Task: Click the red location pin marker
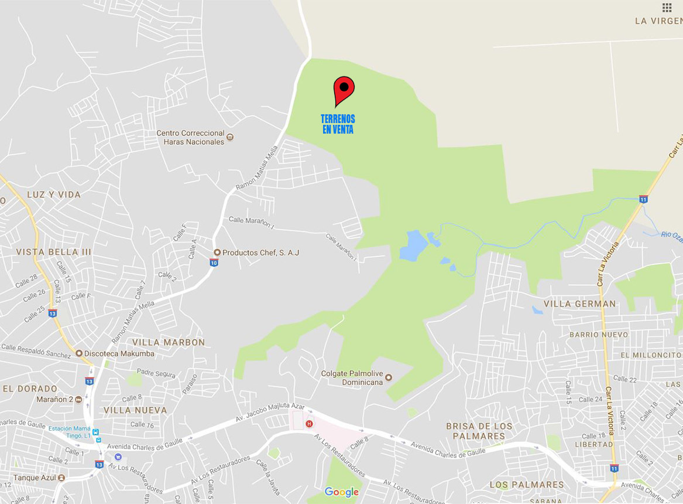(344, 90)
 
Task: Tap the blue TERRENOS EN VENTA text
(338, 124)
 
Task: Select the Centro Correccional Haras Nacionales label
(191, 137)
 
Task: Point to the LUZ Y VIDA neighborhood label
(53, 194)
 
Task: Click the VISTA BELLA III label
(54, 251)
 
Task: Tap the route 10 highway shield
(214, 263)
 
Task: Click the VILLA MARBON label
(169, 342)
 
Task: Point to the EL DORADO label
(30, 389)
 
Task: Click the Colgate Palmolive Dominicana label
(352, 377)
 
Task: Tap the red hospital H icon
(310, 424)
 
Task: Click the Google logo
(341, 492)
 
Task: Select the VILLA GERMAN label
(579, 304)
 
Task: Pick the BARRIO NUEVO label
(598, 335)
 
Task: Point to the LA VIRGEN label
(658, 21)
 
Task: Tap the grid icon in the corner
(667, 8)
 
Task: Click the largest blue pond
(411, 246)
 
